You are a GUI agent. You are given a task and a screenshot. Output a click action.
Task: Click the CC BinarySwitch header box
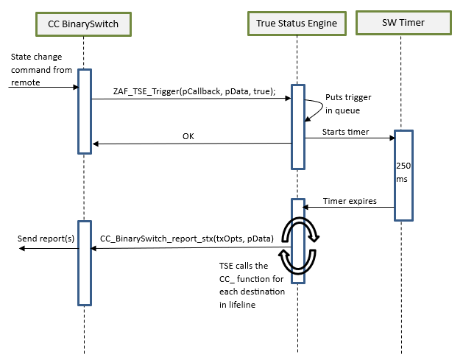click(84, 24)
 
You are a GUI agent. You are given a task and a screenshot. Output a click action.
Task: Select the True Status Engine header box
click(297, 24)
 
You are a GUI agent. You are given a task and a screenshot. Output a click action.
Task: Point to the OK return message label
click(189, 136)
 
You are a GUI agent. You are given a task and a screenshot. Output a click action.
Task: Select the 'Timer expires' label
click(349, 201)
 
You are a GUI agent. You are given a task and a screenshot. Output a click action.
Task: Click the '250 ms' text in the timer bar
click(403, 173)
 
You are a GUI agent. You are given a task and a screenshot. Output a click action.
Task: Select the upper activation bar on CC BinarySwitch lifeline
click(84, 110)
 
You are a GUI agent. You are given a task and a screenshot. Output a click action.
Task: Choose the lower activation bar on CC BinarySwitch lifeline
click(84, 262)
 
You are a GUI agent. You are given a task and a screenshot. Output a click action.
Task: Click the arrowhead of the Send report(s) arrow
click(23, 249)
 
